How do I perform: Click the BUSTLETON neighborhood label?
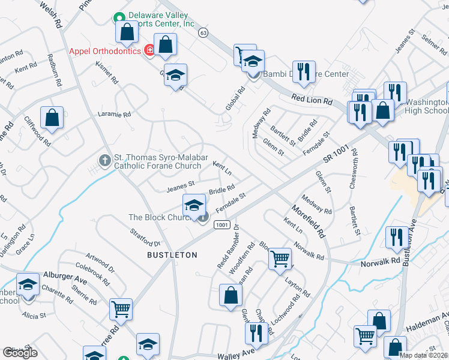click(x=172, y=255)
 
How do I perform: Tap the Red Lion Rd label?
click(x=312, y=100)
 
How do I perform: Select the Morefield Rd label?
click(x=309, y=221)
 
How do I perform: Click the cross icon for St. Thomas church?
click(x=104, y=160)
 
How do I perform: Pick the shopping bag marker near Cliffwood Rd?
click(x=52, y=118)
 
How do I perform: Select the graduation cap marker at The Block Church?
click(x=194, y=205)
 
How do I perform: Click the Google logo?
click(x=20, y=353)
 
